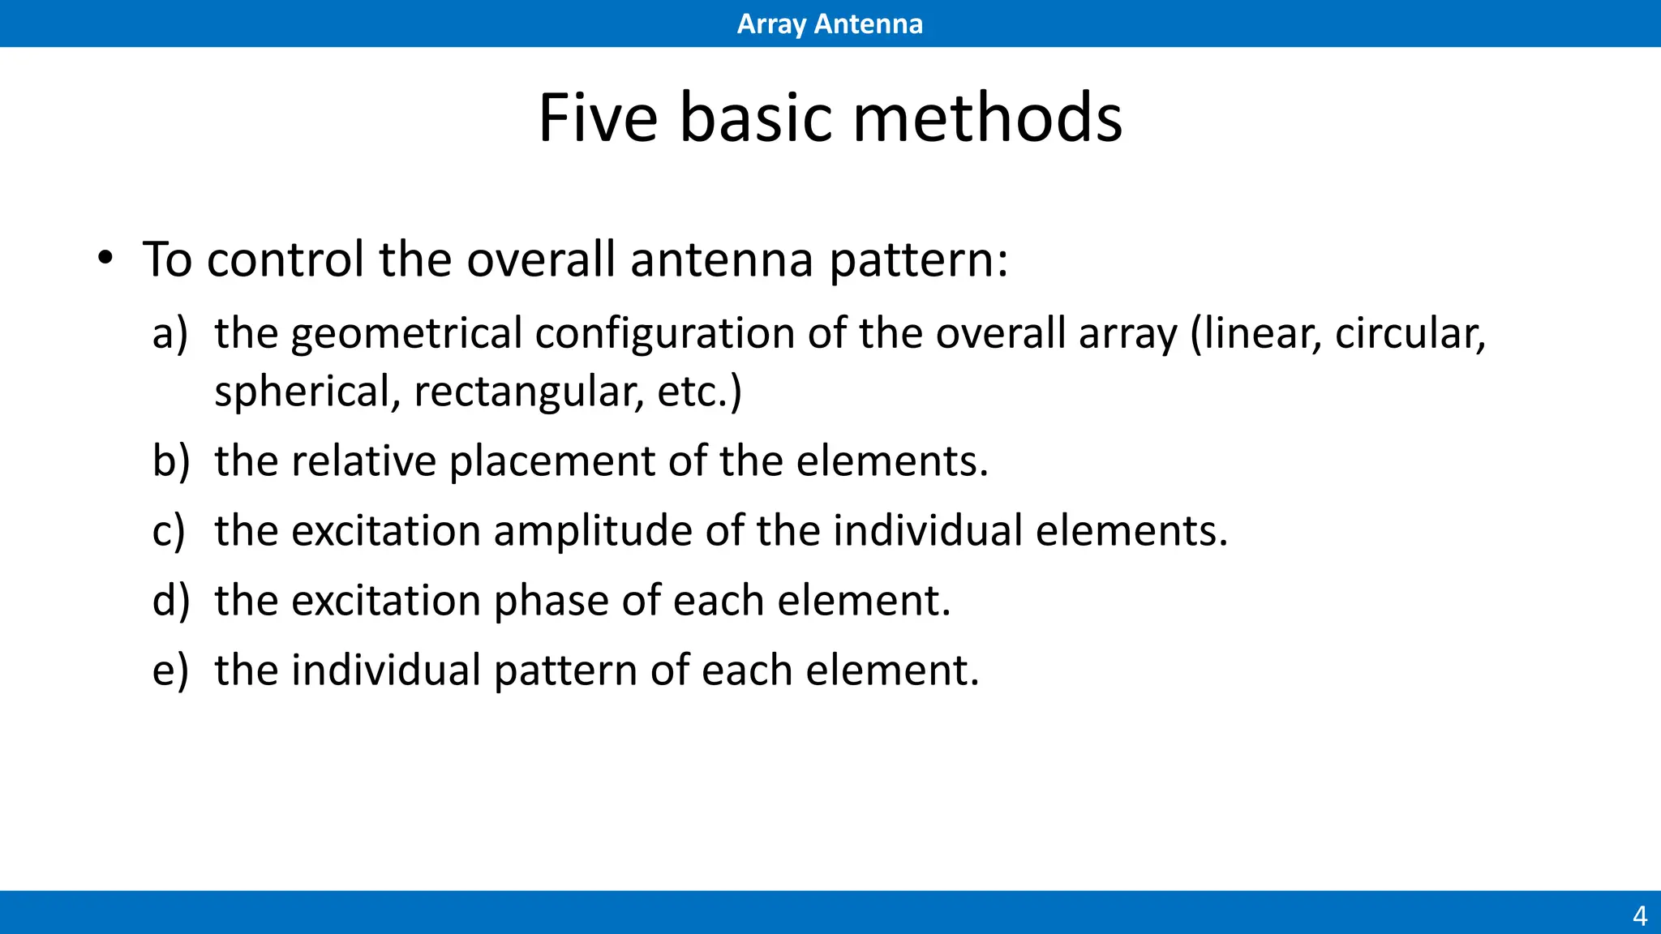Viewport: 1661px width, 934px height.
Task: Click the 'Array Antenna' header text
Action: pyautogui.click(x=829, y=24)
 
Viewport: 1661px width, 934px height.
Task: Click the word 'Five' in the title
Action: pyautogui.click(x=598, y=118)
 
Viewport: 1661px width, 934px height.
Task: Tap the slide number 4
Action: pyautogui.click(x=1639, y=915)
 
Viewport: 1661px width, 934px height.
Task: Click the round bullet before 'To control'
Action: pyautogui.click(x=105, y=259)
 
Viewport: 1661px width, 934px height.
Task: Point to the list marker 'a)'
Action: pyautogui.click(x=170, y=333)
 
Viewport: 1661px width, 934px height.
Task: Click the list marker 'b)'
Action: pyautogui.click(x=171, y=461)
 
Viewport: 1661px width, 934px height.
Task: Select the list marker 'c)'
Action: pyautogui.click(x=169, y=530)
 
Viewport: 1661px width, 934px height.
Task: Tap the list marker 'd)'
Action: pyautogui.click(x=171, y=600)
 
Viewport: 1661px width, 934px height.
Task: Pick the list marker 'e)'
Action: pyautogui.click(x=170, y=670)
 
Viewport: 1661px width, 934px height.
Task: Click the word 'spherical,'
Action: pyautogui.click(x=307, y=392)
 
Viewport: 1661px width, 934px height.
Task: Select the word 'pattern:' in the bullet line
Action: pyautogui.click(x=919, y=260)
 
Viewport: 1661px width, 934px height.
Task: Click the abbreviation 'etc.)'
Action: pyautogui.click(x=699, y=392)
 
